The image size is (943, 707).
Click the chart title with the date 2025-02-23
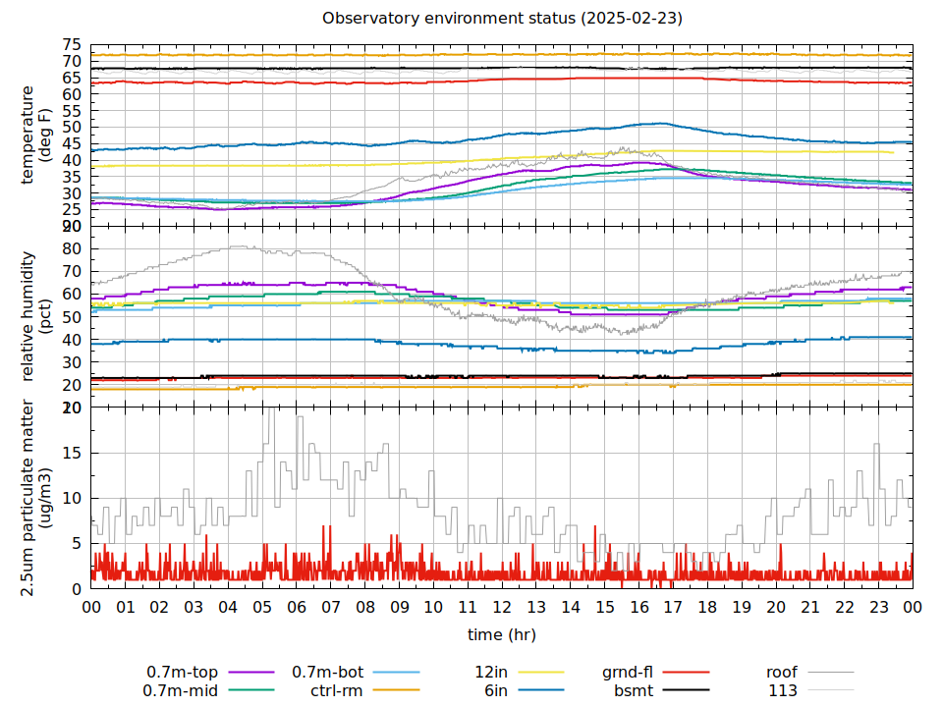502,19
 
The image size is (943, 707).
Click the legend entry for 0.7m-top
183,673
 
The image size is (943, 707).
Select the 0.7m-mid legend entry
183,690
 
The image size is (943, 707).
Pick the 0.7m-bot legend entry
328,673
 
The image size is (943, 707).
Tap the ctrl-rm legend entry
337,690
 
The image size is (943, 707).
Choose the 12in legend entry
490,673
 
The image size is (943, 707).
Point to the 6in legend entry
495,690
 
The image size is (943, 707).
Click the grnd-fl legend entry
628,673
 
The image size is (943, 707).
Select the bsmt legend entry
634,690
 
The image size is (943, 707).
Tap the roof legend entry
782,673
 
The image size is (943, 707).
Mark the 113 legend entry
783,690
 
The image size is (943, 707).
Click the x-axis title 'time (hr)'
502,634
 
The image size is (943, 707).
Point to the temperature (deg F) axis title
35,135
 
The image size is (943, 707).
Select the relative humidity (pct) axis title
35,314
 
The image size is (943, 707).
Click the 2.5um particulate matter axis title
35,497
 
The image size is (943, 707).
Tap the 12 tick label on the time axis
502,608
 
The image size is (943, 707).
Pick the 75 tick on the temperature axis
72,45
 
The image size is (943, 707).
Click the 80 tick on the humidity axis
72,249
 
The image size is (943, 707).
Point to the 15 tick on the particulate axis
72,453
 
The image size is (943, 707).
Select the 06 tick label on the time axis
297,608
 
